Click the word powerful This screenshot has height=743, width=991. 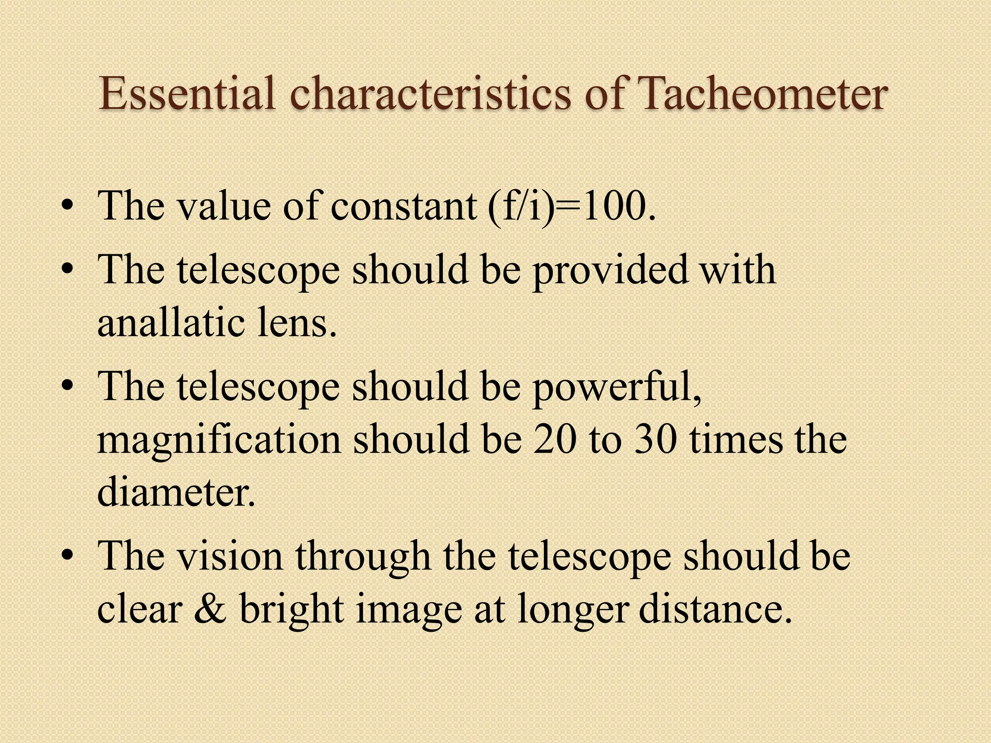616,387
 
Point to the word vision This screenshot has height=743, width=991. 230,556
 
